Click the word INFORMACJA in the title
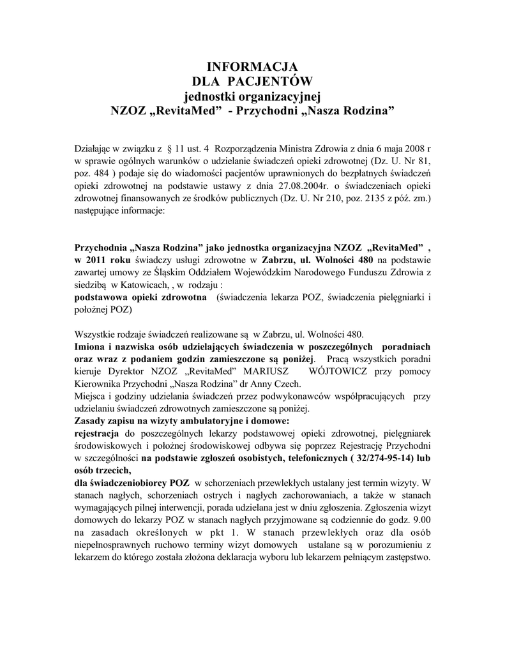pos(252,66)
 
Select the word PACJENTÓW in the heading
pos(275,81)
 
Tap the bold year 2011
pos(97,260)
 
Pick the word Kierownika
pos(102,383)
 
